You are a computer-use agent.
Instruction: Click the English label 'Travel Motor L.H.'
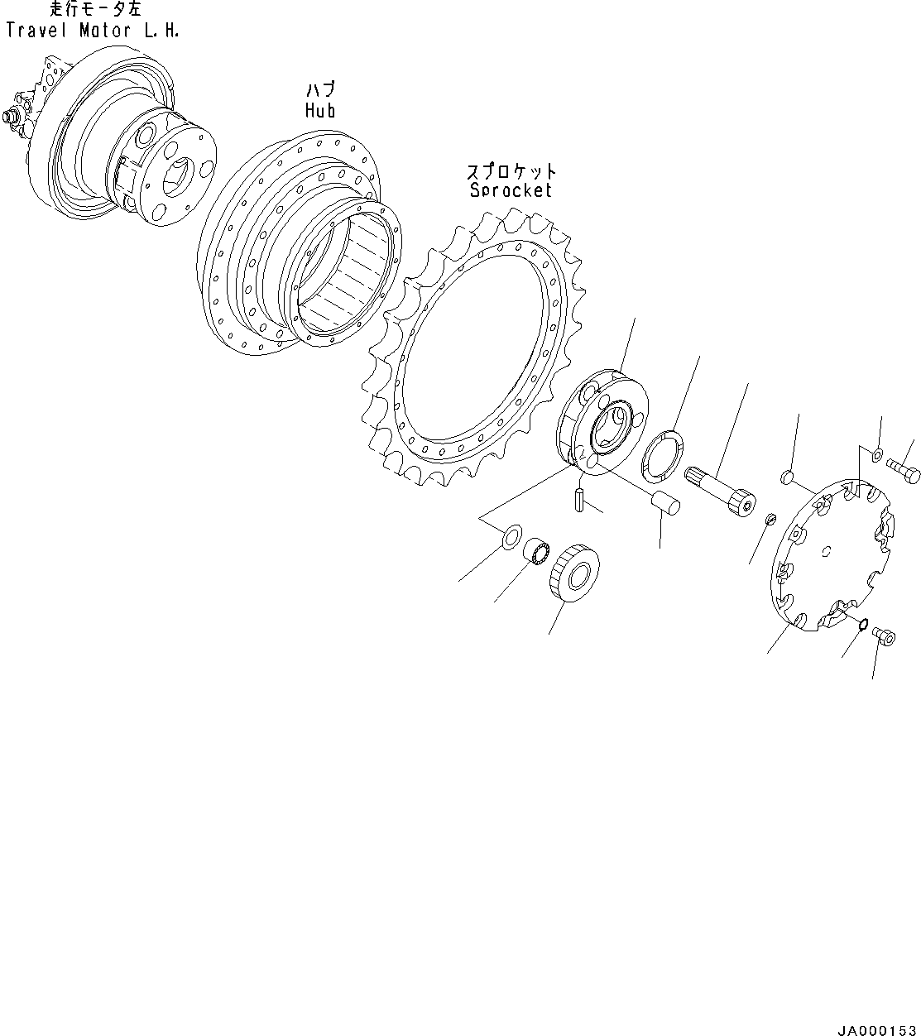pyautogui.click(x=93, y=31)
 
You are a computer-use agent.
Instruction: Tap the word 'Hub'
pyautogui.click(x=320, y=110)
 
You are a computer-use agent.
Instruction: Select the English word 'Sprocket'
pyautogui.click(x=511, y=190)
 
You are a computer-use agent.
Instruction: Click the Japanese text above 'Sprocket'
pyautogui.click(x=511, y=170)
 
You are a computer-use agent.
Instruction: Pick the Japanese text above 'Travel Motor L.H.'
pyautogui.click(x=96, y=9)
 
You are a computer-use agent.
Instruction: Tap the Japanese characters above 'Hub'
pyautogui.click(x=321, y=90)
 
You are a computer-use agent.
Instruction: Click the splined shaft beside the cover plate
pyautogui.click(x=720, y=492)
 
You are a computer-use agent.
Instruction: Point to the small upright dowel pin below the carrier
pyautogui.click(x=579, y=500)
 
